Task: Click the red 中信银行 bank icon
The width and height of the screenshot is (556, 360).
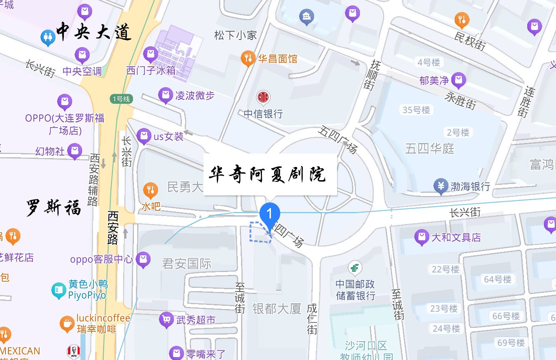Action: click(x=263, y=98)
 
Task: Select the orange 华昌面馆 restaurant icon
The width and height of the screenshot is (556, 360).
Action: click(x=248, y=58)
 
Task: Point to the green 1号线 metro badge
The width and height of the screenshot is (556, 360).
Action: click(x=121, y=99)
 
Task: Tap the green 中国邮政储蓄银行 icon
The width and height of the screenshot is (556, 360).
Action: click(x=355, y=267)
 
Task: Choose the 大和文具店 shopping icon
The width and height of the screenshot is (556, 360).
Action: click(x=422, y=237)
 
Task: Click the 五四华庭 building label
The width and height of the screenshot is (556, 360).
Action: click(x=430, y=149)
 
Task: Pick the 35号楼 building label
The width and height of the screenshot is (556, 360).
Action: click(x=416, y=110)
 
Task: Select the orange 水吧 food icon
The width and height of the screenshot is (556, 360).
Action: click(x=151, y=190)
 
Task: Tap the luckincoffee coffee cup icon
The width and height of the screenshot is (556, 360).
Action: click(x=67, y=323)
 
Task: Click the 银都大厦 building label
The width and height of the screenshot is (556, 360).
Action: click(x=277, y=309)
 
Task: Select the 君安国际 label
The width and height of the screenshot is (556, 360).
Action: click(x=186, y=264)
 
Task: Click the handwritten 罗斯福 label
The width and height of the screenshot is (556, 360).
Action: click(x=54, y=207)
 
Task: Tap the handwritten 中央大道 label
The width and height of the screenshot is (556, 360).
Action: click(x=93, y=32)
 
